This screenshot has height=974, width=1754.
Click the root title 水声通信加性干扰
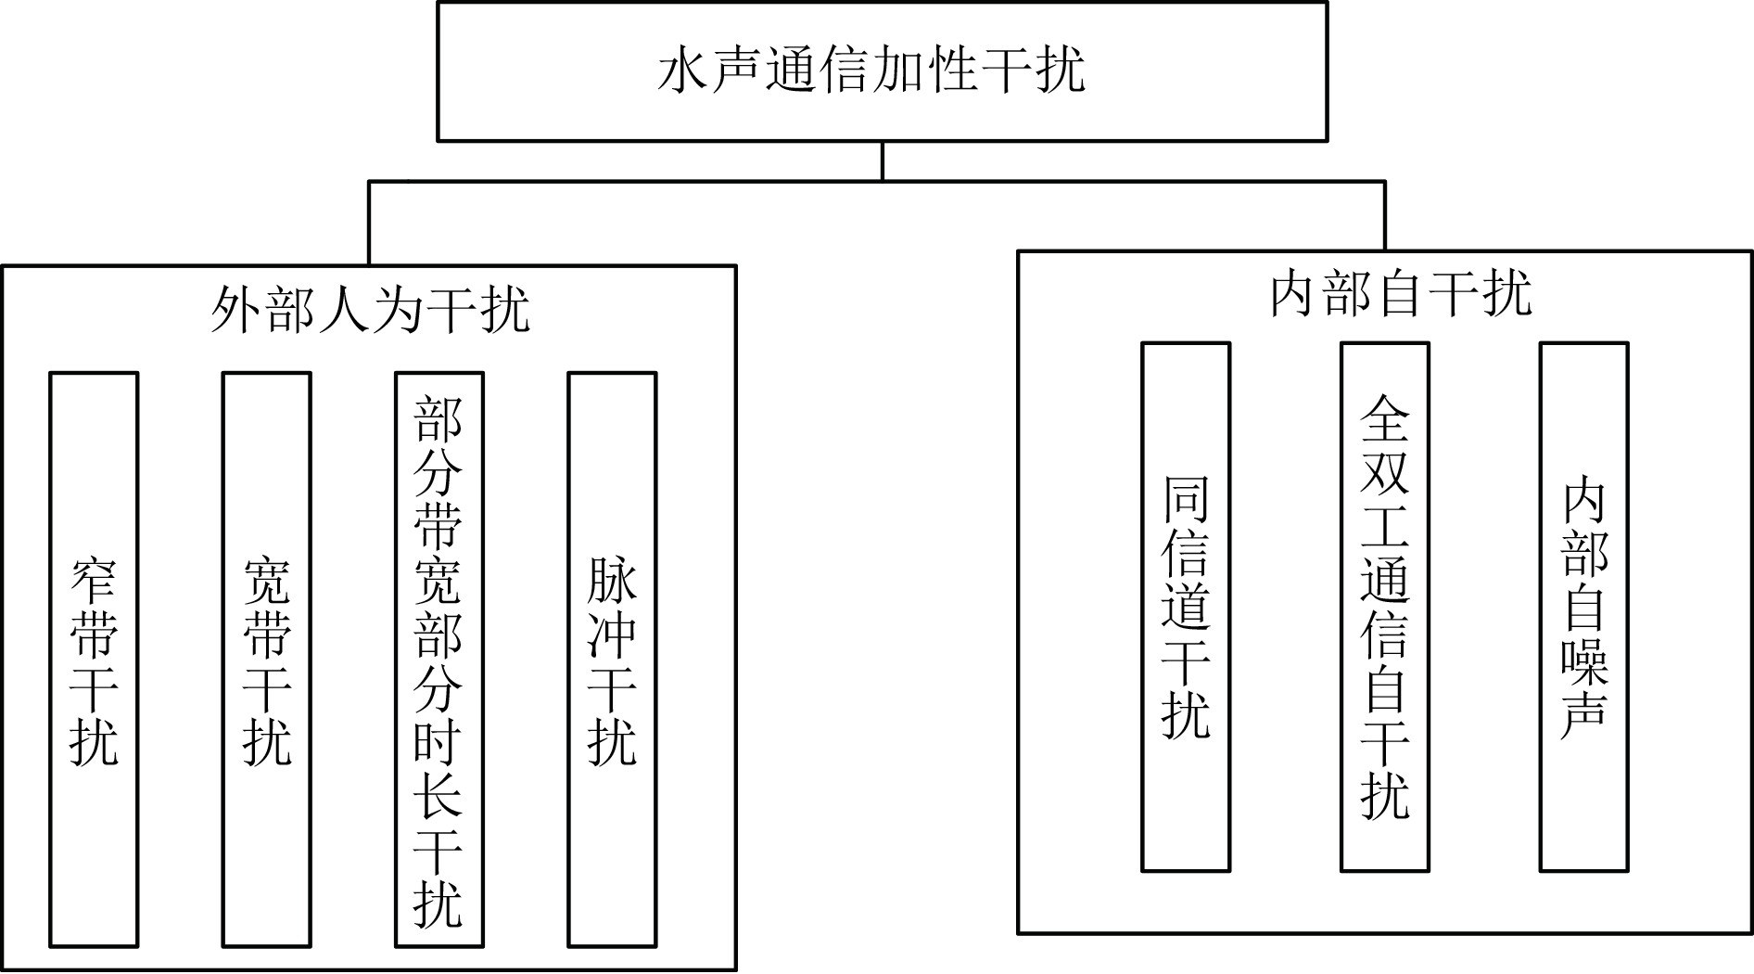871,70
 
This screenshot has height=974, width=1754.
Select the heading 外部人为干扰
371,309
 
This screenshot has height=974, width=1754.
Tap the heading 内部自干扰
1401,294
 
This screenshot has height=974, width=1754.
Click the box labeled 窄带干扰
94,660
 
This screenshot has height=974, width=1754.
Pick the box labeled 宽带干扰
267,660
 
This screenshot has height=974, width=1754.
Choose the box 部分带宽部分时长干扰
438,660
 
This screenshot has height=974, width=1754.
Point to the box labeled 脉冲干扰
612,660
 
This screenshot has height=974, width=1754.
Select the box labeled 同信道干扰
1186,607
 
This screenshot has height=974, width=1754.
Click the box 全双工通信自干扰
1385,607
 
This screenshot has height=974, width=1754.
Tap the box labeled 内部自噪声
1584,607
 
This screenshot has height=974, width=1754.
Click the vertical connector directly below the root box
882,160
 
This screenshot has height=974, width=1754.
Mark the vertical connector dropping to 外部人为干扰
369,223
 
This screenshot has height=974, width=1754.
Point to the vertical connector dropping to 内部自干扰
1385,215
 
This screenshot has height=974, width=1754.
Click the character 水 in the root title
684,70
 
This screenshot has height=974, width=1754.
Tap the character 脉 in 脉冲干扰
612,581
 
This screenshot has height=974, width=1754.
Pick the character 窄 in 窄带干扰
94,581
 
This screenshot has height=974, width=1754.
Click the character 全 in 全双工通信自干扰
1385,418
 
